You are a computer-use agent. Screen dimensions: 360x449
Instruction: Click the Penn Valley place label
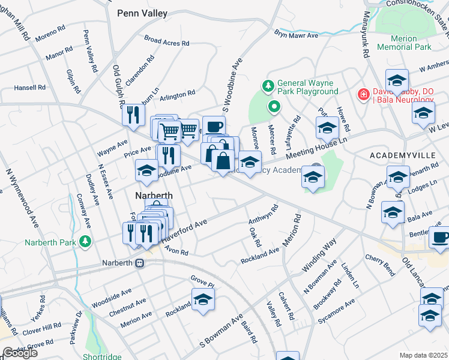[142, 13]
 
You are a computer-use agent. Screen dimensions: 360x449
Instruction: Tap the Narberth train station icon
[140, 263]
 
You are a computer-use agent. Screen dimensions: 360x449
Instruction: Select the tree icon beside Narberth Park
[86, 241]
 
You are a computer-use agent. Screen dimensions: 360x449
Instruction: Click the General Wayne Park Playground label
[308, 87]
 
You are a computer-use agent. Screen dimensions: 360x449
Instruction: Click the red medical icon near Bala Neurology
[363, 94]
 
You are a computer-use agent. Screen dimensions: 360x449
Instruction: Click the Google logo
[20, 353]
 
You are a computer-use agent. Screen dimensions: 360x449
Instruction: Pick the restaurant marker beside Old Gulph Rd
[133, 114]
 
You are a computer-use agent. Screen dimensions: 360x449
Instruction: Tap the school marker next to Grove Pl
[203, 299]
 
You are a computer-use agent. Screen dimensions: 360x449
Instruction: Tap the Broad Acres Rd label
[167, 40]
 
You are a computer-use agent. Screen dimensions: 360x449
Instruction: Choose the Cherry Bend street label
[380, 264]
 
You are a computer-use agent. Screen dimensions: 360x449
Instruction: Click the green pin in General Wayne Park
[274, 107]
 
